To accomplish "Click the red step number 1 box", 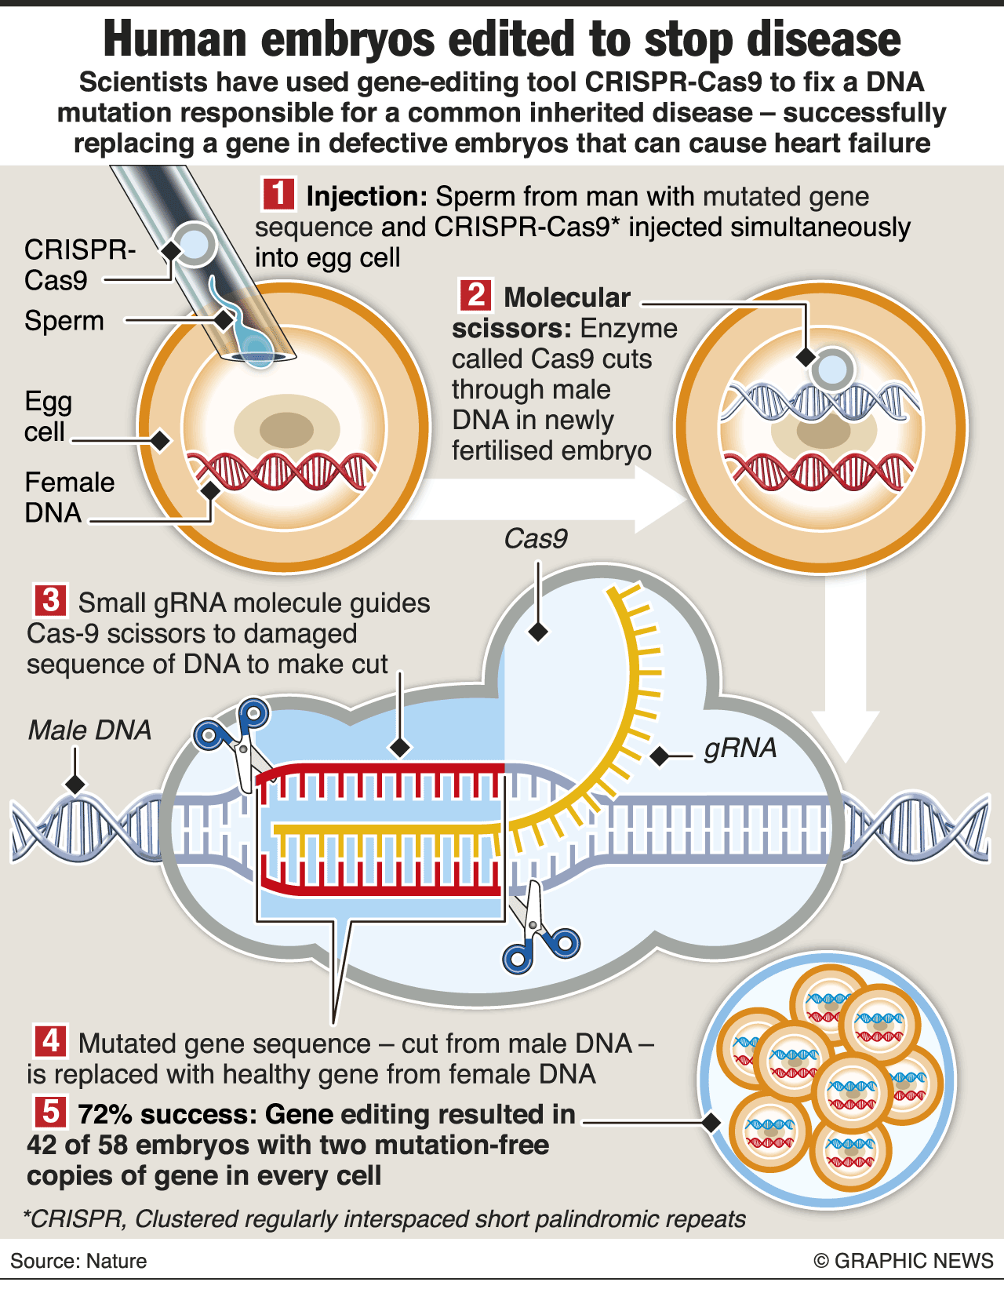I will click(278, 194).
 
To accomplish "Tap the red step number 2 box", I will click(475, 296).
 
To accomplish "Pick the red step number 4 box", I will click(51, 1041).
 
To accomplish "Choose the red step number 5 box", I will click(51, 1112).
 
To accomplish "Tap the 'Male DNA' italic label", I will click(89, 730).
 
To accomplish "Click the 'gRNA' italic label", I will click(740, 748).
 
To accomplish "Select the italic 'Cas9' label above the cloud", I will click(536, 539).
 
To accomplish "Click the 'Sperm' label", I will click(64, 321).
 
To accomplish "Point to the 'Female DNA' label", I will click(69, 497).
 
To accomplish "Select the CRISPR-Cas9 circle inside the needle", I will click(194, 243).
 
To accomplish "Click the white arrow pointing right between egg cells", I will click(549, 500).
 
